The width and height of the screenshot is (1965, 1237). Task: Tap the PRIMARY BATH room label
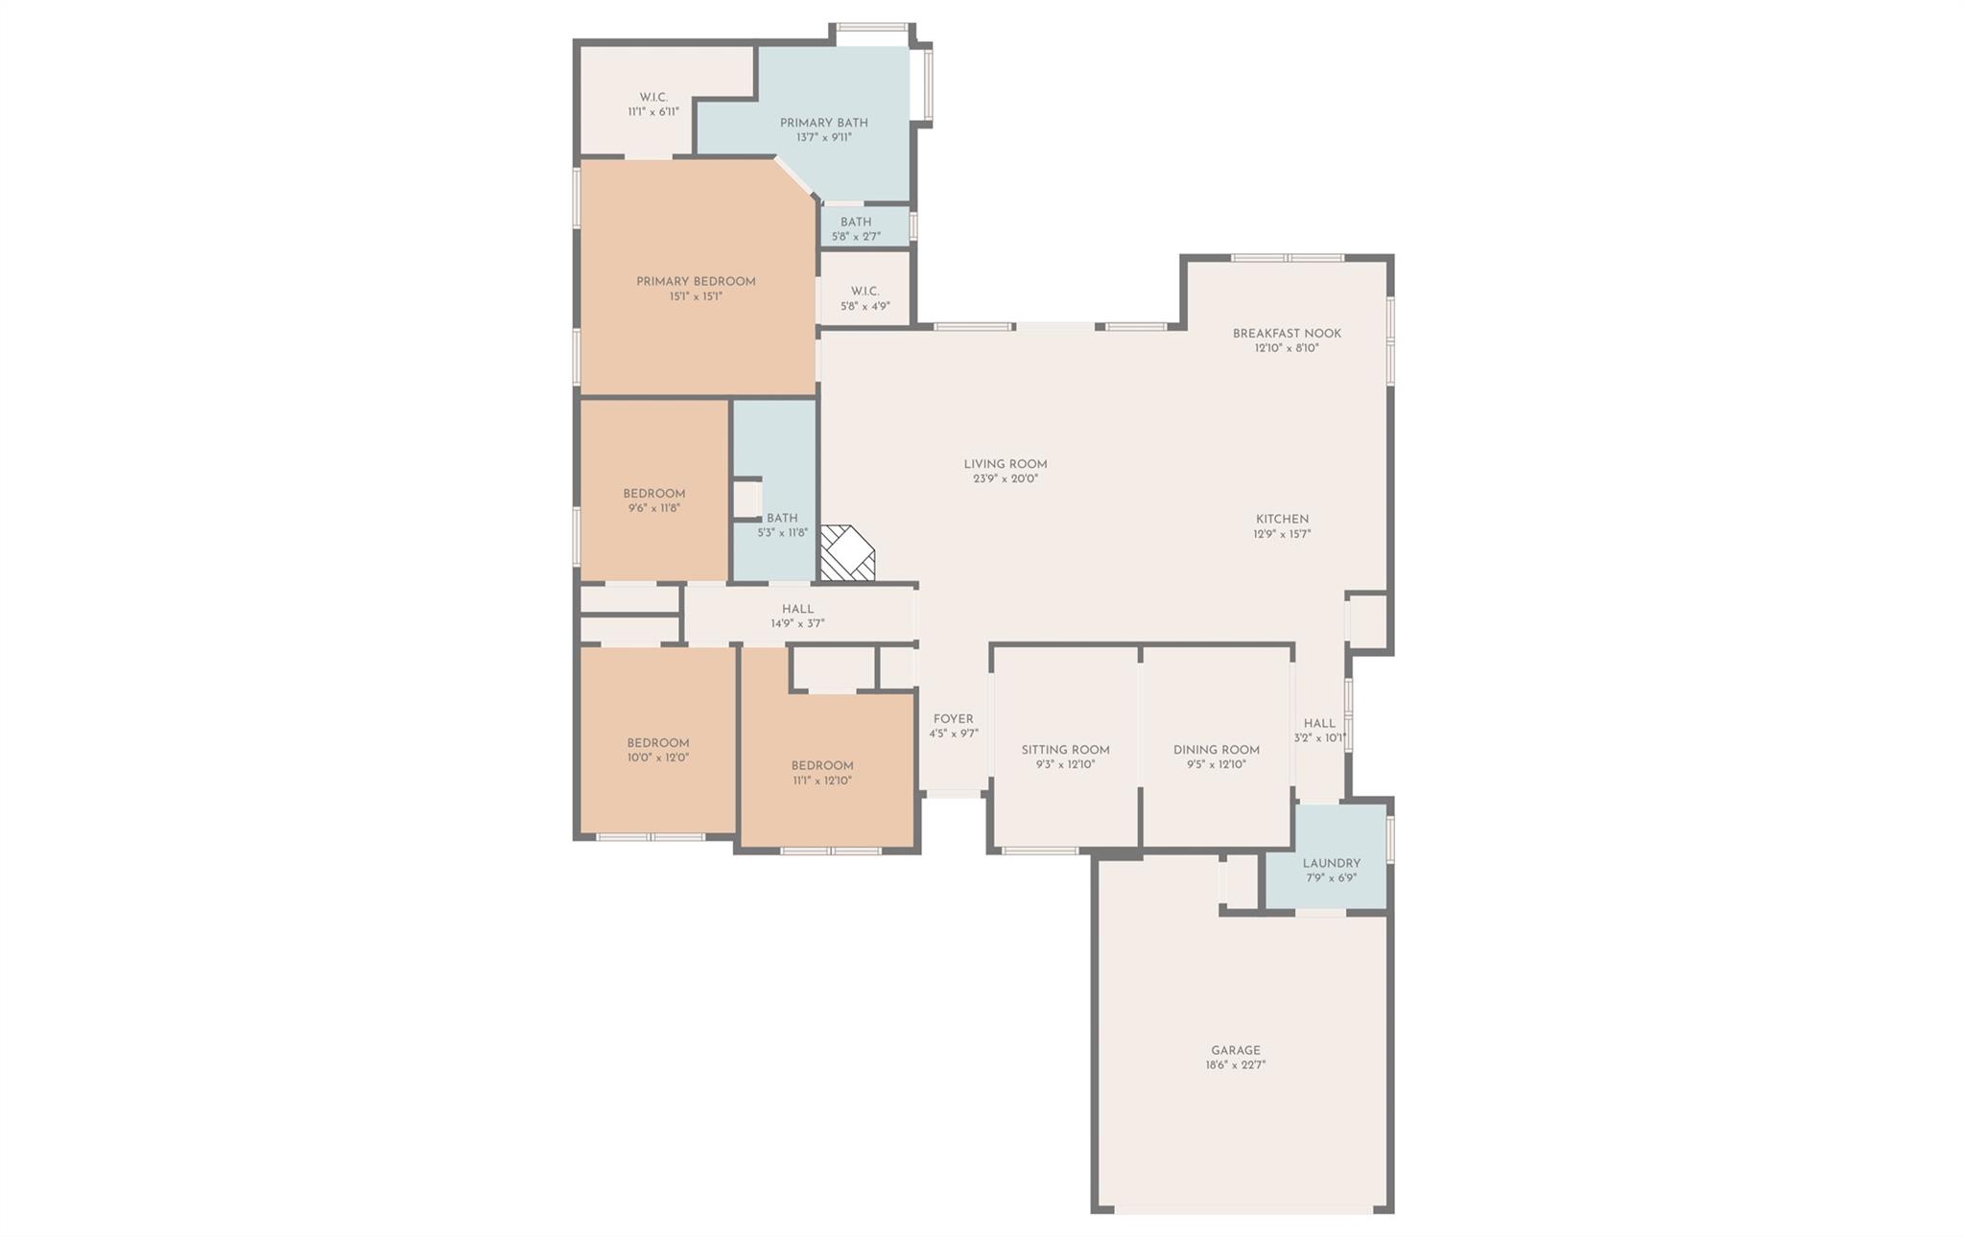pyautogui.click(x=823, y=123)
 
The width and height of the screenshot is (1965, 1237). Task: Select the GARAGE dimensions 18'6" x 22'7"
pyautogui.click(x=1236, y=1064)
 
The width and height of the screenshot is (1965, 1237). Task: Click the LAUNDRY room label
pyautogui.click(x=1331, y=863)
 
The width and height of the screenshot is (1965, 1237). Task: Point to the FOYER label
pyautogui.click(x=953, y=719)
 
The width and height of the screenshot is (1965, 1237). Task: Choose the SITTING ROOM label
pyautogui.click(x=1065, y=750)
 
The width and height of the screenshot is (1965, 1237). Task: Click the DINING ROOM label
pyautogui.click(x=1216, y=750)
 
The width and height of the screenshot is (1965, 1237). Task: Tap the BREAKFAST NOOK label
pyautogui.click(x=1287, y=334)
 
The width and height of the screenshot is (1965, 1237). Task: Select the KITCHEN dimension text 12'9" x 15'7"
pyautogui.click(x=1282, y=534)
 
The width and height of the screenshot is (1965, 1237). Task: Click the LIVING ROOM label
pyautogui.click(x=1006, y=464)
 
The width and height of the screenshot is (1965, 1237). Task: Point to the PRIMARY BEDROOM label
pyautogui.click(x=696, y=282)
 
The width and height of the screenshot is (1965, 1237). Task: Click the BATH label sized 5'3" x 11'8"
pyautogui.click(x=782, y=519)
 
